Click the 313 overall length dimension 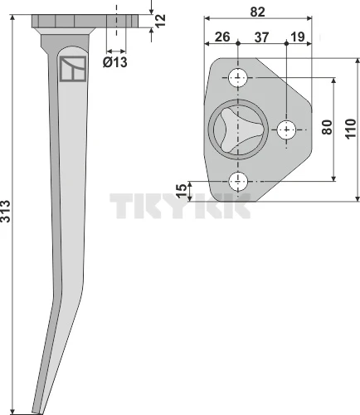[6, 211]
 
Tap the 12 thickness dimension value [160, 20]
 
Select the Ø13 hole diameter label [115, 62]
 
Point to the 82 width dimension [257, 12]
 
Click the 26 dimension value [222, 37]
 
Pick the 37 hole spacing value [261, 37]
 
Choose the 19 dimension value [298, 37]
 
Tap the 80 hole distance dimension [327, 127]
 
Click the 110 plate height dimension [350, 129]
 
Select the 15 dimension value [182, 191]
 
